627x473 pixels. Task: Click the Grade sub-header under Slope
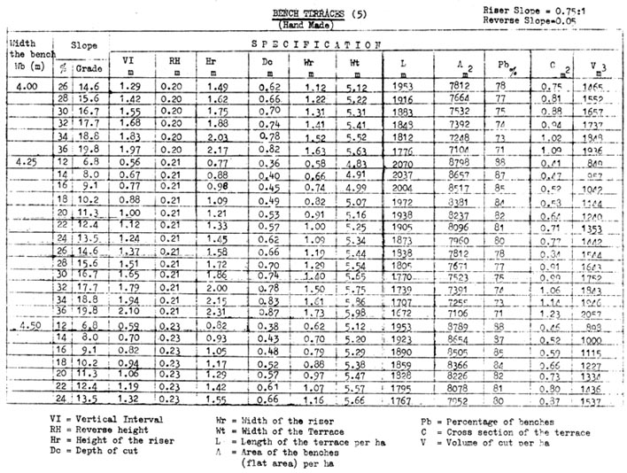click(90, 66)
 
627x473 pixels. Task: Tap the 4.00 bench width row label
click(27, 87)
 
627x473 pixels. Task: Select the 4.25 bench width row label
click(27, 165)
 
